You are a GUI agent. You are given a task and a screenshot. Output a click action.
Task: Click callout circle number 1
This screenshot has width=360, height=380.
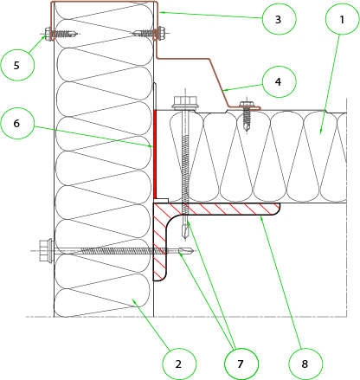tap(342, 19)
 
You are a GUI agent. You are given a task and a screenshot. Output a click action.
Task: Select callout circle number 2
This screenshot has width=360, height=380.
tap(179, 364)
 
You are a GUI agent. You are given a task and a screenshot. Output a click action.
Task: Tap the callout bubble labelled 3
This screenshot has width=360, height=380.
tap(279, 19)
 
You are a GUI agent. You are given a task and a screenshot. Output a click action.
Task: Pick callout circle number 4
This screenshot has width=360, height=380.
tap(279, 81)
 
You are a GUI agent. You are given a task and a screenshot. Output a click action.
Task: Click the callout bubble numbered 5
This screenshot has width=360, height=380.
tap(17, 65)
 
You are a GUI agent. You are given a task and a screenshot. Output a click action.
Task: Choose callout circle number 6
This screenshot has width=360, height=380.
tap(17, 123)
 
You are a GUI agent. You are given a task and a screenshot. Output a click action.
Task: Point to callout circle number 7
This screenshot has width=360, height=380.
tap(241, 364)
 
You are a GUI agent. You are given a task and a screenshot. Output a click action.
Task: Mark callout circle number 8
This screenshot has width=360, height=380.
tap(305, 364)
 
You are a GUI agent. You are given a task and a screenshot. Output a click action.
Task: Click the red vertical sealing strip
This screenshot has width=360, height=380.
tap(155, 153)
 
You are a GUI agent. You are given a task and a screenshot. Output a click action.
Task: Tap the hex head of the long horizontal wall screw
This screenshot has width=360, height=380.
tap(46, 250)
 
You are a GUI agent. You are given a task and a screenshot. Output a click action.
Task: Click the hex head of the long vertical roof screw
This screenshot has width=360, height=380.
tap(185, 103)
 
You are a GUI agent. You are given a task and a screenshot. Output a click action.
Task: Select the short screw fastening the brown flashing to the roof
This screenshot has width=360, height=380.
tap(246, 115)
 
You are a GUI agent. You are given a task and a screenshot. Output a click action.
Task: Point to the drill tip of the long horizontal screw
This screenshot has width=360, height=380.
tap(185, 251)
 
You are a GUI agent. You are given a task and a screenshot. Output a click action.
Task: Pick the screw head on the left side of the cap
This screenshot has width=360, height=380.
tap(48, 34)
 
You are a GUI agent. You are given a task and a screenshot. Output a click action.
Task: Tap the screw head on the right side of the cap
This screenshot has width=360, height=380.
tap(161, 33)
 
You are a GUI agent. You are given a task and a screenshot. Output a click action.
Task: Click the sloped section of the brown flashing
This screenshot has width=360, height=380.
tap(219, 82)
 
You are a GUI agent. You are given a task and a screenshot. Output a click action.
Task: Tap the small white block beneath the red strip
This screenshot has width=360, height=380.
tap(161, 200)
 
